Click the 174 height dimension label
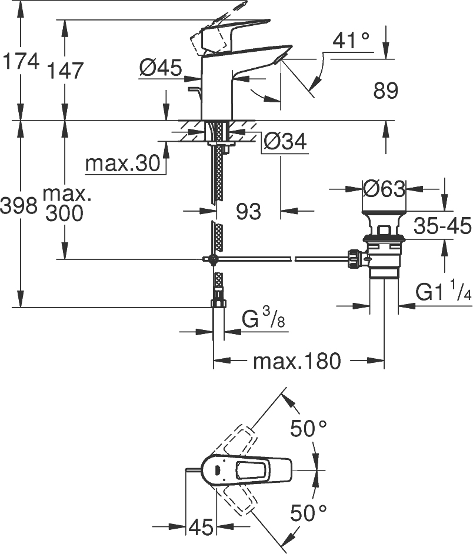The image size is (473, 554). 21,61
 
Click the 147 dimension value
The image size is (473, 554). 65,71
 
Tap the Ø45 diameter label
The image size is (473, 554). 159,69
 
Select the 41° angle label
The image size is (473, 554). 351,41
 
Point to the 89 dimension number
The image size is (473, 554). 385,91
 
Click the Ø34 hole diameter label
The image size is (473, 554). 285,141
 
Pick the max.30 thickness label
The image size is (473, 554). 122,164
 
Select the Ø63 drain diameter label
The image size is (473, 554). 384,189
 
